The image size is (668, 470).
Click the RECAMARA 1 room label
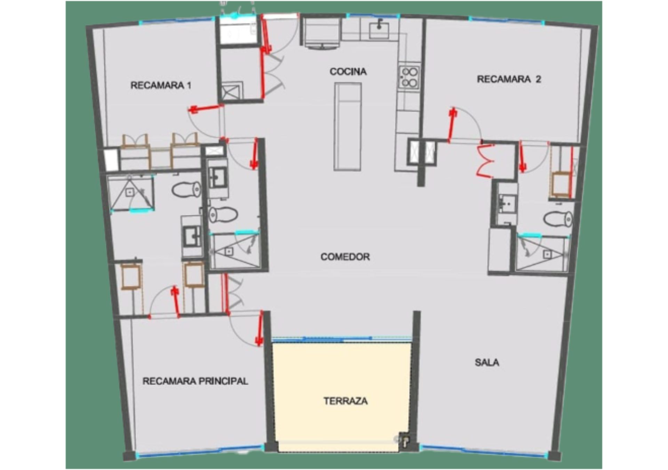coord(161,85)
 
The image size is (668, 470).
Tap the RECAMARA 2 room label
coord(509,79)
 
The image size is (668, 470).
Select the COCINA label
coord(348,72)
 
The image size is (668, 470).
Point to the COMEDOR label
coord(345,257)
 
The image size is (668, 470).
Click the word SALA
coord(487,362)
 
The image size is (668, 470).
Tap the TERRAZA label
coord(345,401)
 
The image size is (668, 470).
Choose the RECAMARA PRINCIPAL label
coord(195,381)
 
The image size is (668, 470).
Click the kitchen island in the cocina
coord(348,127)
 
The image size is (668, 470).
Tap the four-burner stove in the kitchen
coord(409,77)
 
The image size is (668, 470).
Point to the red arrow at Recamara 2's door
coord(452,125)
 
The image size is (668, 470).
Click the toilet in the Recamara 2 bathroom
coord(558,219)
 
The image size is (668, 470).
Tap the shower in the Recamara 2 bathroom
coord(542,254)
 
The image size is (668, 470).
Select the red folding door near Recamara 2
coord(486,159)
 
